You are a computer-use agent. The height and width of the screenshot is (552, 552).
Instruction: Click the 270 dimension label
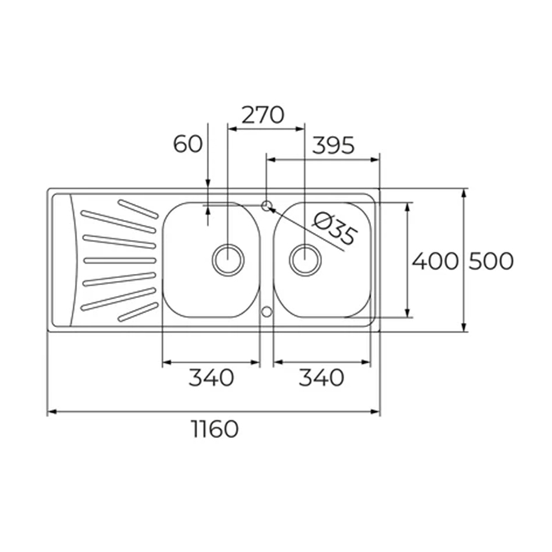[262, 115]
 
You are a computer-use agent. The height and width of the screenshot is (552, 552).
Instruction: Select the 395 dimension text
[333, 146]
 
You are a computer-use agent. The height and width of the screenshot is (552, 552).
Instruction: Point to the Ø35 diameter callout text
[334, 229]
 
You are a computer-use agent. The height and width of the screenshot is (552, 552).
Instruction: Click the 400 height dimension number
[435, 261]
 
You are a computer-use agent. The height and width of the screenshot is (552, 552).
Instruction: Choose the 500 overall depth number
[491, 261]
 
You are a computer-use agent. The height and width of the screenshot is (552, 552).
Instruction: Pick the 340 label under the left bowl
[212, 377]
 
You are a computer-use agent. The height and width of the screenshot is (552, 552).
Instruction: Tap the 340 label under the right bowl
[321, 377]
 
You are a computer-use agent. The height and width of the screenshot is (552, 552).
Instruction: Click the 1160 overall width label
[214, 428]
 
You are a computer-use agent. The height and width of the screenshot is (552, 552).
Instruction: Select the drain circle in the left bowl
[228, 259]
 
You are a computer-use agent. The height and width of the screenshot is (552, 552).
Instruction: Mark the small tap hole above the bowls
[267, 204]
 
